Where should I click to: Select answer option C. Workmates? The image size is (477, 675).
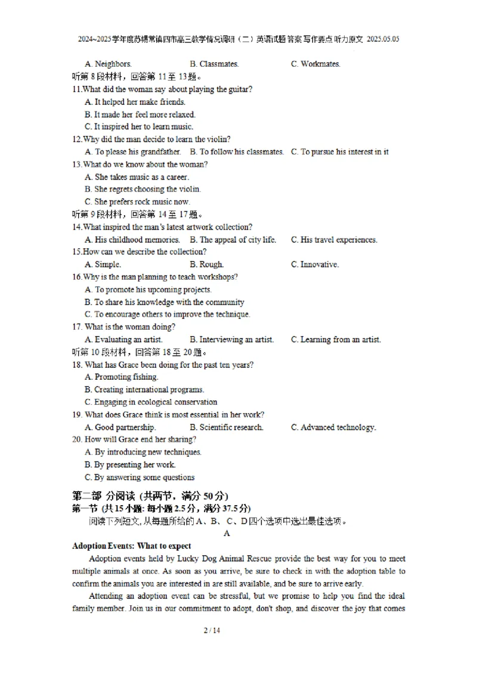[315, 64]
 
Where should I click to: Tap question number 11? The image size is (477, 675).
[76, 89]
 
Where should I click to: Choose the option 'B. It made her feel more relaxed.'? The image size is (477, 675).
[140, 114]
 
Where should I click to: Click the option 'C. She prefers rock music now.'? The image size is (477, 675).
[137, 202]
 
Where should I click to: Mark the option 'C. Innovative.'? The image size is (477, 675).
[315, 265]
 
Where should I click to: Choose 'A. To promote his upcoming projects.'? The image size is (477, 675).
[148, 290]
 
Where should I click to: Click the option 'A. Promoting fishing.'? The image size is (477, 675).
[122, 377]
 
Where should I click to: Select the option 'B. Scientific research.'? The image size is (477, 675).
[227, 428]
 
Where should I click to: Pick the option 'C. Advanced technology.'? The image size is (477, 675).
[333, 428]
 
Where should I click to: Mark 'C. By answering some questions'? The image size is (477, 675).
[140, 477]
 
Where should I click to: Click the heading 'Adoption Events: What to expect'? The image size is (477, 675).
[132, 546]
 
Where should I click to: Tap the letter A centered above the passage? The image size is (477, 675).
[227, 534]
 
